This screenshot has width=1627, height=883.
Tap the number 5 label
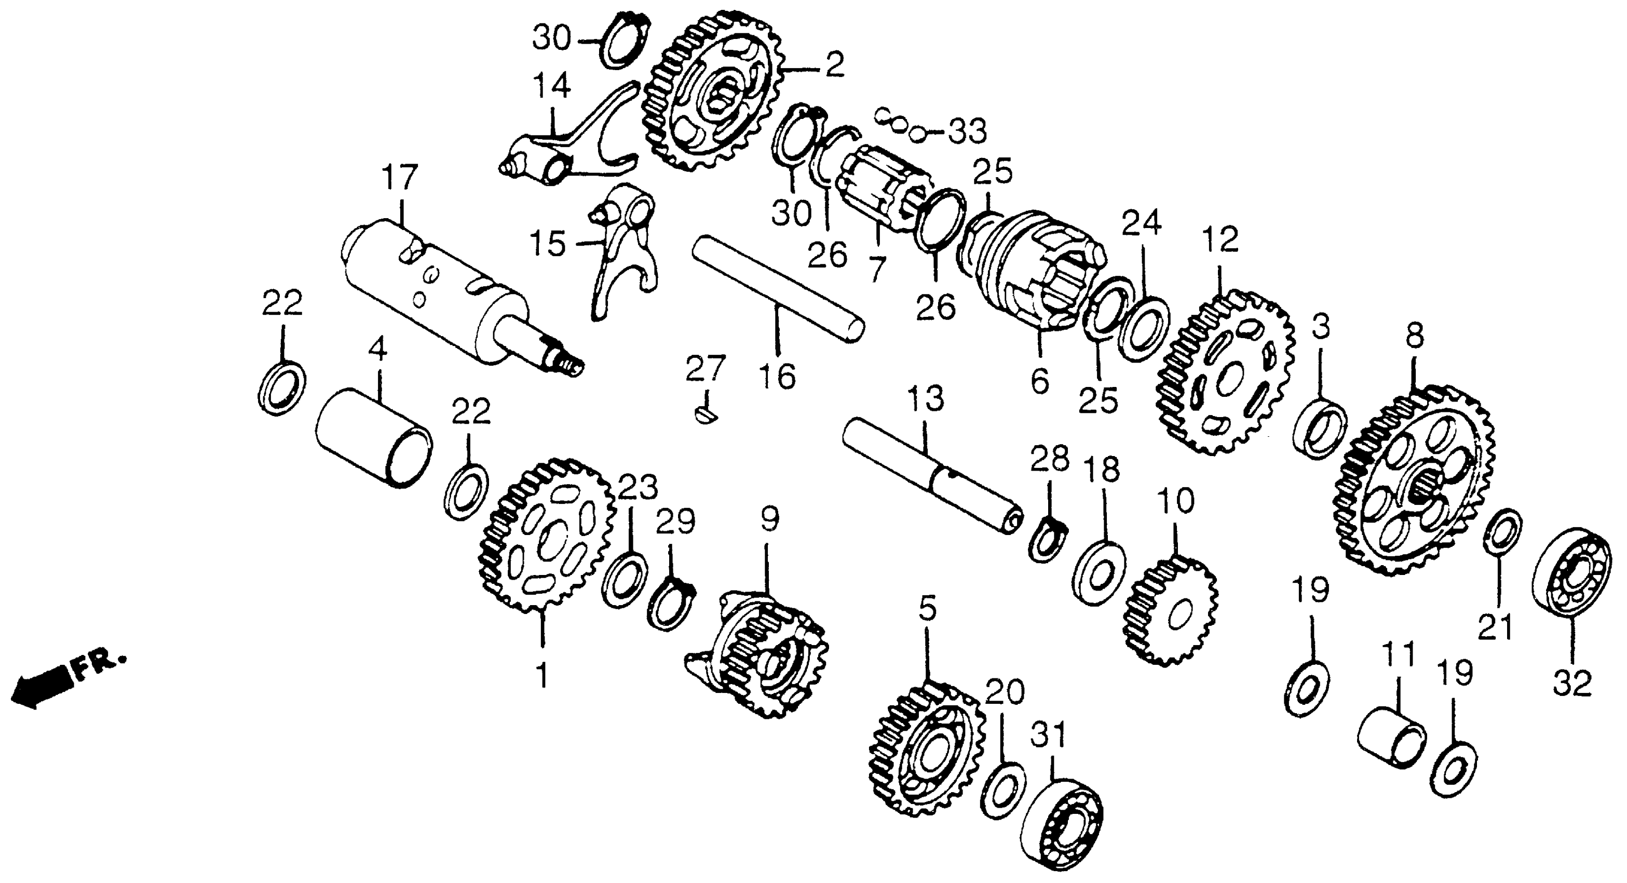[x=927, y=609]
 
